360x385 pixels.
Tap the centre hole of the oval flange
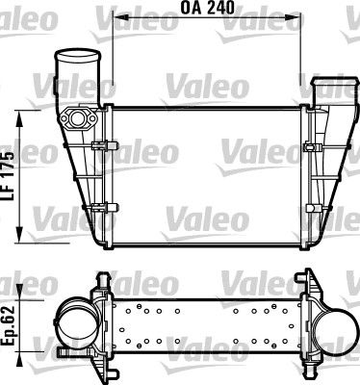77,119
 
